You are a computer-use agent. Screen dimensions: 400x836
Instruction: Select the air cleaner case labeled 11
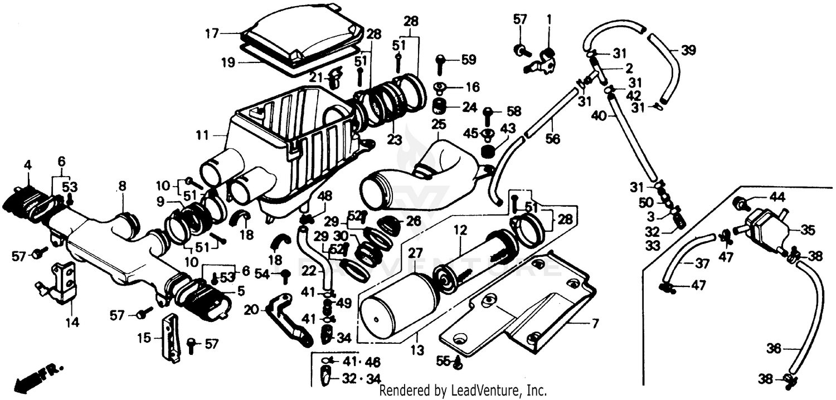[290, 139]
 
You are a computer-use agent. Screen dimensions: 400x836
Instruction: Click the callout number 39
[688, 51]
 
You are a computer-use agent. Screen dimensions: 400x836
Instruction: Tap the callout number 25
[438, 121]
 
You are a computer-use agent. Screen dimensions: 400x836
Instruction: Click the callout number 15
[145, 338]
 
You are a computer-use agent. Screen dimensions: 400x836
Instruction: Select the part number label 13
[417, 350]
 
